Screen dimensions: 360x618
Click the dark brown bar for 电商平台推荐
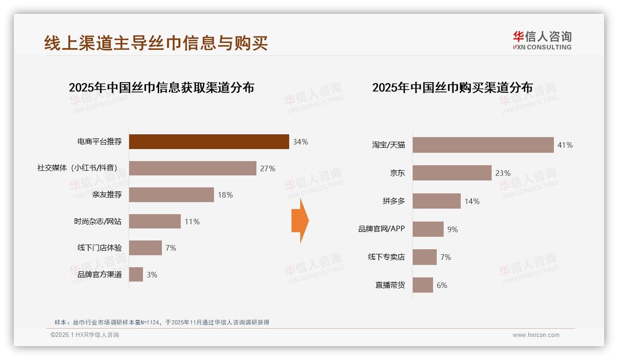click(209, 142)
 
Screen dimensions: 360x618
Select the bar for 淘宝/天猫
click(483, 145)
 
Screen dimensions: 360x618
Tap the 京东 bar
click(452, 173)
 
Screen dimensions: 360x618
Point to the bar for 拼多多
click(436, 201)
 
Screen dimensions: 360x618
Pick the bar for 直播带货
click(422, 285)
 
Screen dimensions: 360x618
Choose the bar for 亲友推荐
click(171, 195)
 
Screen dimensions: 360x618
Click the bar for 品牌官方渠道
click(136, 275)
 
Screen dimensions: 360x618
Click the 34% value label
click(300, 142)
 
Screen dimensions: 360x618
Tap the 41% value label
click(565, 145)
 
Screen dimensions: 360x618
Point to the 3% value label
click(152, 275)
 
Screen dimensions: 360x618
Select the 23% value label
click(503, 174)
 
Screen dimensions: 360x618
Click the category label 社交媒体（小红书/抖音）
click(79, 168)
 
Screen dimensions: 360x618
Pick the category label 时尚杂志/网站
click(98, 222)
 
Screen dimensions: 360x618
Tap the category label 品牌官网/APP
click(381, 229)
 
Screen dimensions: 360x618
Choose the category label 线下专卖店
click(386, 257)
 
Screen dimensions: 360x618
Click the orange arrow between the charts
click(300, 221)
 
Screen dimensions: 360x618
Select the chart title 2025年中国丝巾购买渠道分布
click(452, 88)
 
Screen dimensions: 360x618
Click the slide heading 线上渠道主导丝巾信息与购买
click(156, 43)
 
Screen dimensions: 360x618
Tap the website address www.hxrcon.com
click(536, 335)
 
